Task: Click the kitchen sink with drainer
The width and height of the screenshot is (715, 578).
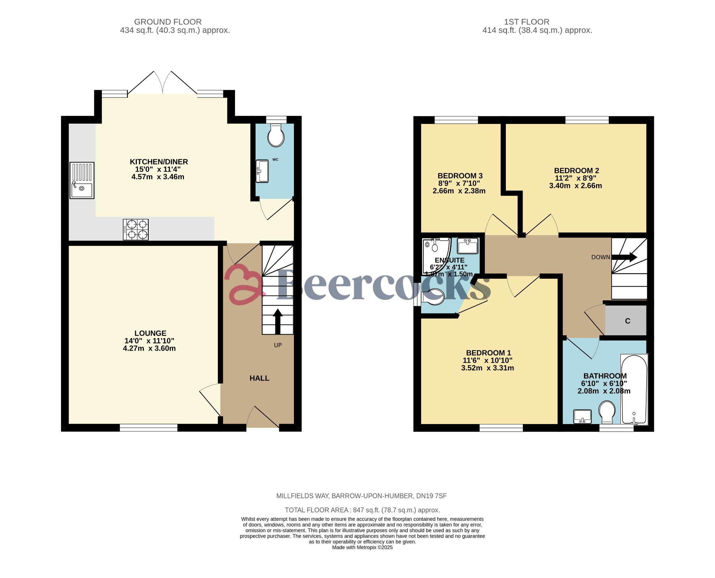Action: pos(82,180)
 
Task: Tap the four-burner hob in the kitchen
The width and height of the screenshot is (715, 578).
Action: pos(136,229)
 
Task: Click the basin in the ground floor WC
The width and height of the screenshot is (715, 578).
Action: pos(262,171)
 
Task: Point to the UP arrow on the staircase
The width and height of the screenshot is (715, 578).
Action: pos(278,321)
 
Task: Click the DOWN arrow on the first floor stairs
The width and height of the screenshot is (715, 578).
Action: pos(624,257)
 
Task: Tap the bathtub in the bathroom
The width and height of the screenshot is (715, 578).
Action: pos(634,389)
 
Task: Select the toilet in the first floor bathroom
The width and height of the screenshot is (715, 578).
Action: pos(607,412)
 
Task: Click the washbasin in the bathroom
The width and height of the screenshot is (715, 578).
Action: pos(582,416)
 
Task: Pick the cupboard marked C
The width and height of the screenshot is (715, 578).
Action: pos(627,321)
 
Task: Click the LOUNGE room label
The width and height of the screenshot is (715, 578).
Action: pos(150,333)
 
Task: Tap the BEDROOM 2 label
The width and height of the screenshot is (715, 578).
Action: pos(576,171)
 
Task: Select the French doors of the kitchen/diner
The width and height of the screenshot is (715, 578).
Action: pos(163,83)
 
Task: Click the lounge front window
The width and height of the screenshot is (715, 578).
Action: pos(149,427)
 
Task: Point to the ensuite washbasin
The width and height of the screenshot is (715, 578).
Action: pos(467,246)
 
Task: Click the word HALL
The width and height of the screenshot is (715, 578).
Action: pos(259,378)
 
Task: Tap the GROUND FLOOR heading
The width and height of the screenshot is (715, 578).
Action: pos(168,22)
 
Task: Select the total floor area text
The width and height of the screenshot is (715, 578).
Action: pos(362,510)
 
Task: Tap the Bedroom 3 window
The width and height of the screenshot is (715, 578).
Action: pos(456,120)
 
